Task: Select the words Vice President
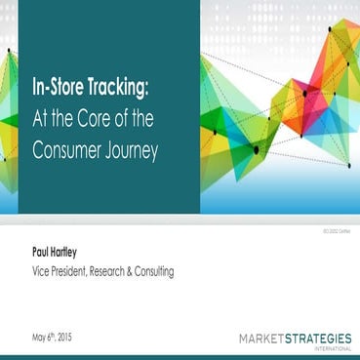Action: tap(62, 272)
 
